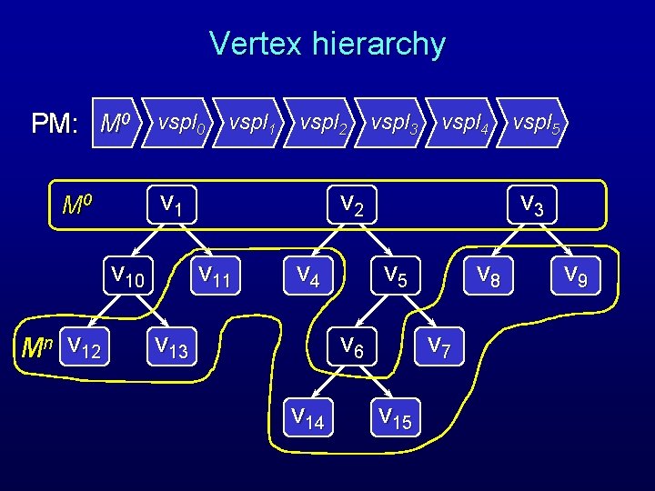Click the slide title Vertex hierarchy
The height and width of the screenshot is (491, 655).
[x=327, y=44]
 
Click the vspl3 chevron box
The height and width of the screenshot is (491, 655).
[x=395, y=122]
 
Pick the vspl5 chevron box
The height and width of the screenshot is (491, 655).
[x=538, y=122]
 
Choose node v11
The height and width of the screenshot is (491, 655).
[x=217, y=274]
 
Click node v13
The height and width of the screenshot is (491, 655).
[x=170, y=346]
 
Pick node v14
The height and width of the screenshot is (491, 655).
[x=307, y=417]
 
